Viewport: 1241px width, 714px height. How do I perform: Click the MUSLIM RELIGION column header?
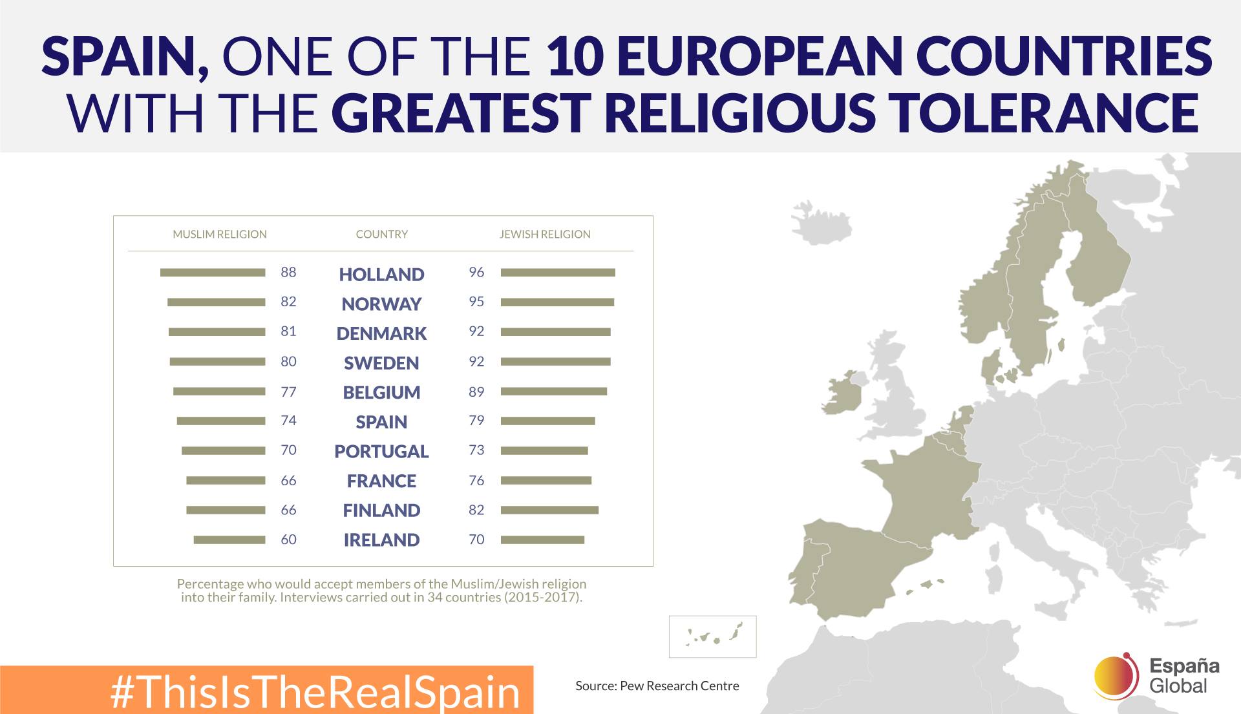point(220,234)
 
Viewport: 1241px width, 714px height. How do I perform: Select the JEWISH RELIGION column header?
point(545,234)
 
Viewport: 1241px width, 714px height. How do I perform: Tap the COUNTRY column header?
point(382,234)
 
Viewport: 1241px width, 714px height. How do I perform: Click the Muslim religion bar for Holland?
point(213,273)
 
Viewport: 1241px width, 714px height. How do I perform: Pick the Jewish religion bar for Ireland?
point(542,540)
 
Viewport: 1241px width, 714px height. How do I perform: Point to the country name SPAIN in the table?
point(381,422)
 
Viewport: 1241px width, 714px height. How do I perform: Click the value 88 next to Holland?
point(288,272)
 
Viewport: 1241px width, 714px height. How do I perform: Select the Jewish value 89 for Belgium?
point(476,392)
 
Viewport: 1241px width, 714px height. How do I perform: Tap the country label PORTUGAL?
point(381,452)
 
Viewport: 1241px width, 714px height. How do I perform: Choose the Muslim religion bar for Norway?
point(216,302)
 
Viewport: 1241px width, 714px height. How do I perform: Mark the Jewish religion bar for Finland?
point(549,510)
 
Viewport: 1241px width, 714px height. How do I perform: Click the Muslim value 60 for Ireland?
point(288,540)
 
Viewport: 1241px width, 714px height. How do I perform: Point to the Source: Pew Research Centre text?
point(657,686)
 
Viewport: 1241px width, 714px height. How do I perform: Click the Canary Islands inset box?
point(712,636)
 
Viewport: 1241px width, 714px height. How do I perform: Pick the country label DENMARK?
point(381,333)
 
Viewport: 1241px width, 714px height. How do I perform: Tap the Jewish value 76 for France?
point(476,480)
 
